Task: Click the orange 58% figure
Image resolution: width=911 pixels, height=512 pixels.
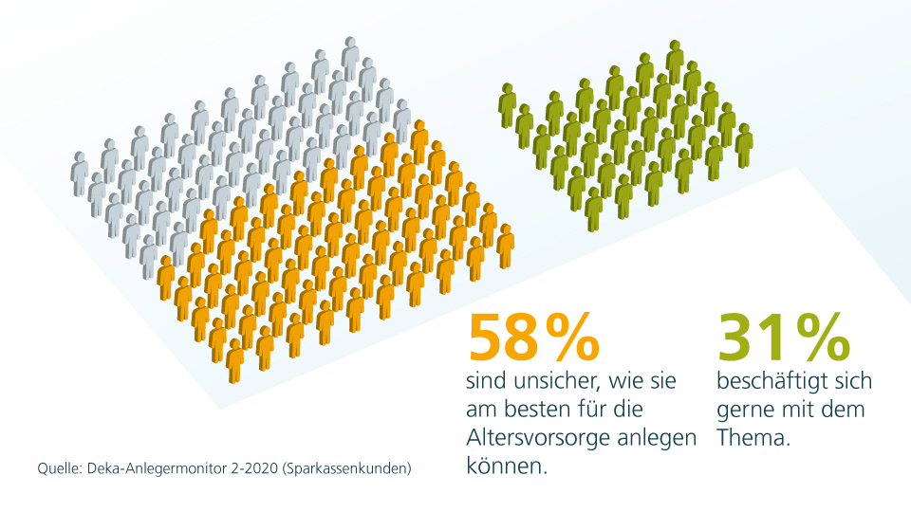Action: (x=533, y=338)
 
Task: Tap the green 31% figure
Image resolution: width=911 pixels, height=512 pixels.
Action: (x=783, y=338)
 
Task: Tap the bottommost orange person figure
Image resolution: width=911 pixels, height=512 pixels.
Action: (x=234, y=360)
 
